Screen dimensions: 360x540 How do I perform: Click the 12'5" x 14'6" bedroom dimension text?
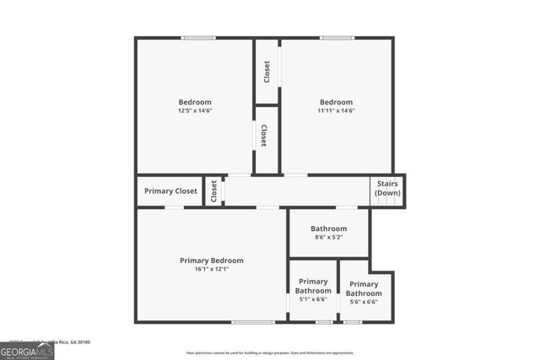(x=194, y=110)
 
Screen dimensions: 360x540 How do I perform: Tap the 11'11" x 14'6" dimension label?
(x=336, y=110)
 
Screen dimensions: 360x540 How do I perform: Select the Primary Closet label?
(x=170, y=191)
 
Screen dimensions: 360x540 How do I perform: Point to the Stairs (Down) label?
(x=387, y=187)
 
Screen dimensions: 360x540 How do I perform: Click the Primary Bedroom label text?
(x=212, y=261)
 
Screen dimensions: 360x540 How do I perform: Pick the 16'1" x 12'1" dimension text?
(x=212, y=270)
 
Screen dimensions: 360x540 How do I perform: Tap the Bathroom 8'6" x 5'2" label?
(x=328, y=233)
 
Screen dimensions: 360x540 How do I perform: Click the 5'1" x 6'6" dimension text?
(x=313, y=299)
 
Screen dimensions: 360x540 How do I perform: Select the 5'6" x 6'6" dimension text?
(x=364, y=302)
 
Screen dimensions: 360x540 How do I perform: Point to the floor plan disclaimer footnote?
(x=270, y=352)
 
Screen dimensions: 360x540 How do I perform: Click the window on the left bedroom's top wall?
(x=197, y=38)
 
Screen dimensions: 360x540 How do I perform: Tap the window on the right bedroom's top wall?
(x=336, y=38)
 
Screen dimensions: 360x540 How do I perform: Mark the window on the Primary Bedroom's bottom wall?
(x=253, y=322)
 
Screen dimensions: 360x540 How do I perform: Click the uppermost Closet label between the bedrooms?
(x=267, y=71)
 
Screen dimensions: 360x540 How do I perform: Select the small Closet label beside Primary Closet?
(x=213, y=191)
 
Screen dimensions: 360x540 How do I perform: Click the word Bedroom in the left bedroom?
(x=194, y=102)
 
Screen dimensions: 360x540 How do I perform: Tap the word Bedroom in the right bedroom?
(x=336, y=102)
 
